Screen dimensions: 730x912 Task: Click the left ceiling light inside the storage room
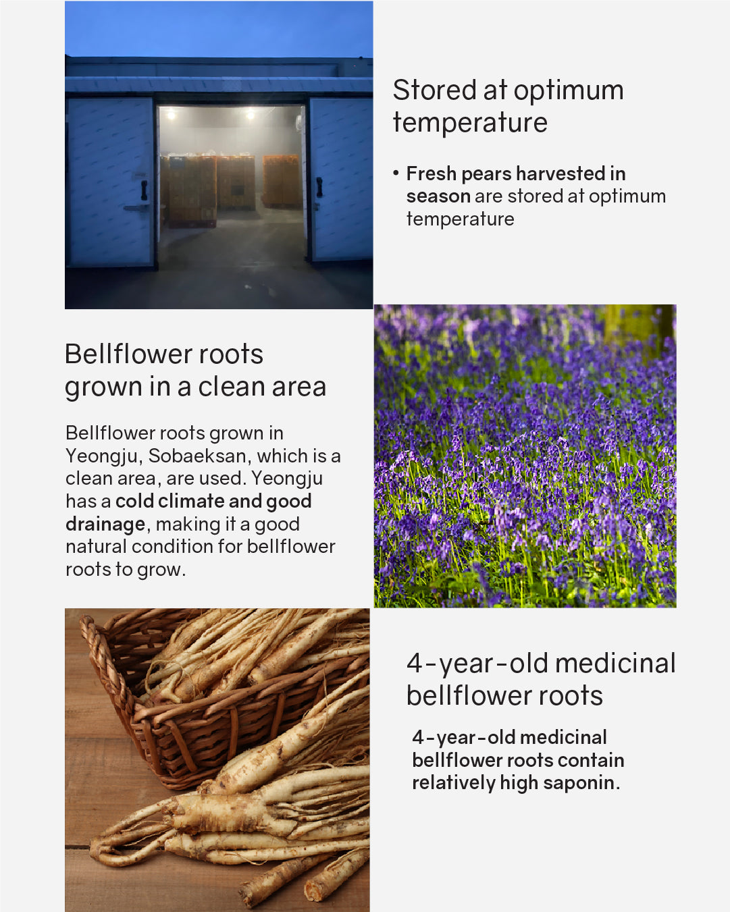[171, 114]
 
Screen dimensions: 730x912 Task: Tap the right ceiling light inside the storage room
[251, 114]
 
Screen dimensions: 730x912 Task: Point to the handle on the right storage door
[319, 187]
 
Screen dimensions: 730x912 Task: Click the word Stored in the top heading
[434, 90]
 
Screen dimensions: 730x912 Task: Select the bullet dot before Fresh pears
[396, 173]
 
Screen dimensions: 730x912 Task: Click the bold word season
[438, 196]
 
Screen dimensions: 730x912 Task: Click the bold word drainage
[105, 525]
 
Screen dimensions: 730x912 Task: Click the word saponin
[581, 783]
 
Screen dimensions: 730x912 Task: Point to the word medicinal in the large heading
[615, 663]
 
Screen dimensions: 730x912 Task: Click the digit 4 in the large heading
[415, 664]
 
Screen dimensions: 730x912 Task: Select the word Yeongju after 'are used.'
[286, 479]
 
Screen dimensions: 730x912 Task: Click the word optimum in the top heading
[569, 90]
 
